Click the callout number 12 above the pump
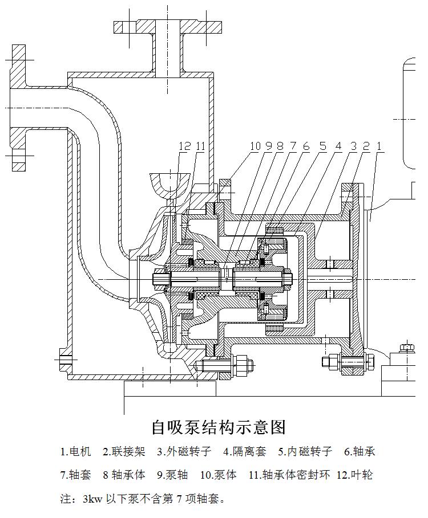coord(184,146)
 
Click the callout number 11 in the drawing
coord(200,146)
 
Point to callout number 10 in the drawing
coord(255,146)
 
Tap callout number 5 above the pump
coord(323,146)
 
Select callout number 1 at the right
coord(379,146)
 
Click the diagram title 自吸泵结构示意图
coord(218,426)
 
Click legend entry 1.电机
coord(76,452)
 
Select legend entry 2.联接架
coord(124,452)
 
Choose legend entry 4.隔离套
coord(245,452)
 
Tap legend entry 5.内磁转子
coord(305,452)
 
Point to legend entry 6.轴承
coord(360,452)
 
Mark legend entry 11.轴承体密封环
coord(289,475)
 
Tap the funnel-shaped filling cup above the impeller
coord(171,183)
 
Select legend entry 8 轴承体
coord(124,475)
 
